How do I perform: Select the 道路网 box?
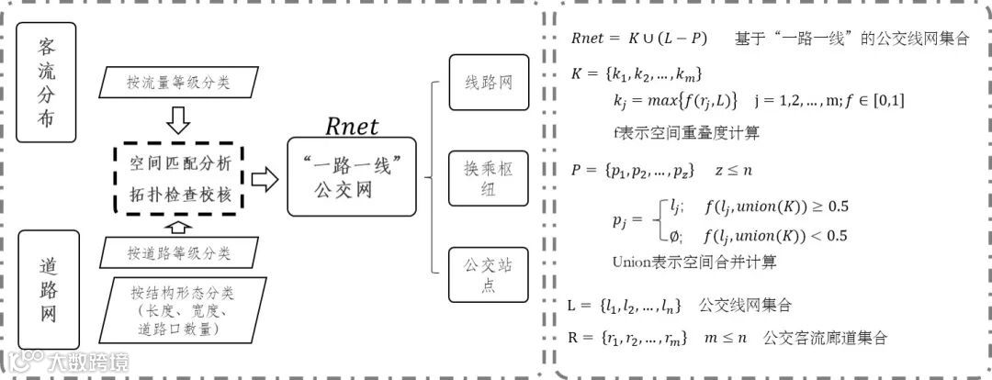(x=46, y=288)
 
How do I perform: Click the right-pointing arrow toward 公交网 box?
(x=264, y=180)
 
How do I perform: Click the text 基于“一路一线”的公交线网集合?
(x=850, y=39)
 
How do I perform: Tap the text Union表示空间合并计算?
(x=694, y=262)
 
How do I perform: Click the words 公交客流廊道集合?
(x=824, y=338)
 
